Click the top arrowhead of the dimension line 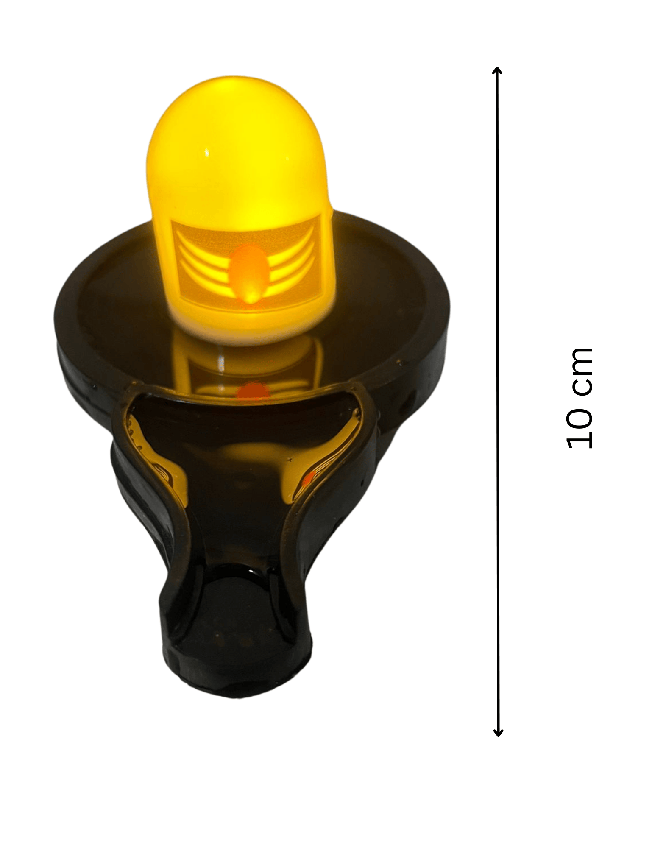pos(497,70)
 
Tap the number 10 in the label pos(579,429)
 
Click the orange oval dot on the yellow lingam pos(249,273)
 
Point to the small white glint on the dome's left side pos(207,152)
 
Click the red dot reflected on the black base pos(253,392)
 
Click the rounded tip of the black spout pos(237,678)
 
